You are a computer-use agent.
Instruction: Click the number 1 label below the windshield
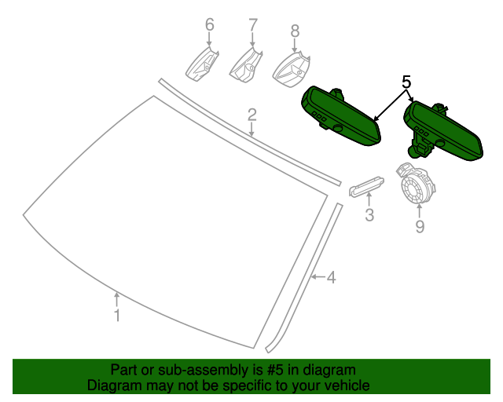coord(117,316)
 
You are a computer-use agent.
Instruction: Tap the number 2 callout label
coord(252,115)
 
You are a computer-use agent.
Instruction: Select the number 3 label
coord(369,215)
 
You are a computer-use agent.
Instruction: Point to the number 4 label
coord(332,277)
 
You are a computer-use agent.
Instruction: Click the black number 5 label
coord(406,82)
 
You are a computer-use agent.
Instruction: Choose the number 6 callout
coord(210,24)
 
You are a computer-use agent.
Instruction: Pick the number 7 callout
coord(253,24)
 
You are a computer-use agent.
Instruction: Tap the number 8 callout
coord(295,31)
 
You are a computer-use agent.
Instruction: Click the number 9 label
coord(420,226)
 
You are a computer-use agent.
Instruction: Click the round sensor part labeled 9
coord(416,185)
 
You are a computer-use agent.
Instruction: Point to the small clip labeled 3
coord(366,186)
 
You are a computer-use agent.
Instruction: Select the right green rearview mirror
coord(443,130)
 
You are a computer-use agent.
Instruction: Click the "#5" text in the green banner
coord(275,370)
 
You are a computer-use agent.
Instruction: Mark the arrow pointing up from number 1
coord(117,299)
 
